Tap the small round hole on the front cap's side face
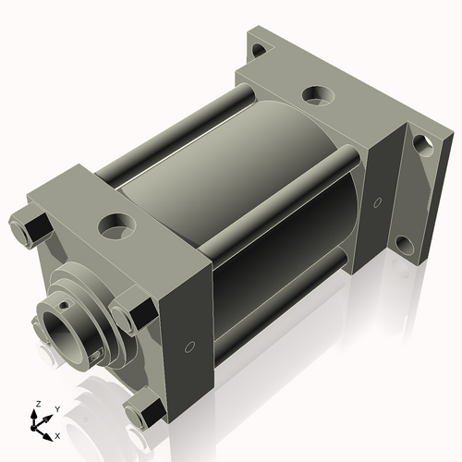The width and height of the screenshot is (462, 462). click(x=189, y=347)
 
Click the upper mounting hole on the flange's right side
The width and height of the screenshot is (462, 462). click(x=420, y=144)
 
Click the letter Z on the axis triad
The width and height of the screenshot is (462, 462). click(x=38, y=405)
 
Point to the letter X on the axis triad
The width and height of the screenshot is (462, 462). click(x=58, y=434)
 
